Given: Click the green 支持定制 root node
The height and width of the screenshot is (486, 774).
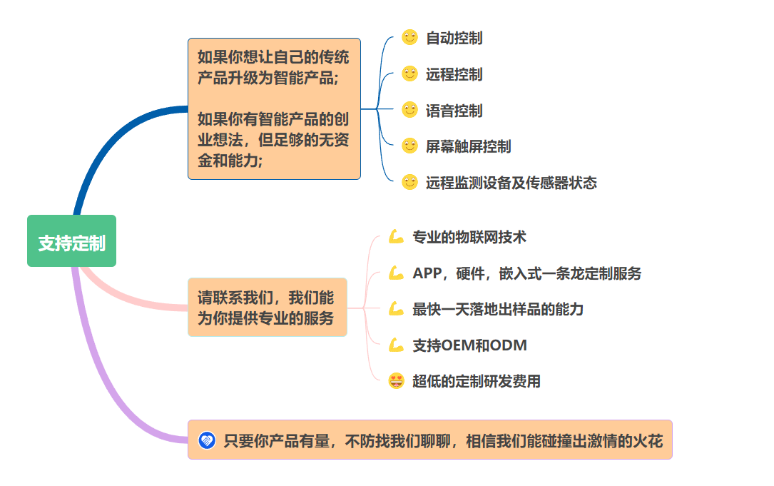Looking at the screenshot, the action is pyautogui.click(x=71, y=241).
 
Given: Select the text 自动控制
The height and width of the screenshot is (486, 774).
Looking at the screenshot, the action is pyautogui.click(x=454, y=38).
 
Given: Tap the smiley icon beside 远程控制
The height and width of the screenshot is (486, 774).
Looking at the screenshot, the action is pyautogui.click(x=409, y=74).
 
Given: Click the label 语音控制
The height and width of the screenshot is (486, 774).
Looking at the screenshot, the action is pyautogui.click(x=454, y=111).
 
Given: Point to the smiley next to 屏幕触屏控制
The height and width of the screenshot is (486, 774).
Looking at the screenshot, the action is pyautogui.click(x=409, y=146).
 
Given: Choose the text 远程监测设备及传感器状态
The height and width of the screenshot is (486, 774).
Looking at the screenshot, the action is pyautogui.click(x=511, y=183).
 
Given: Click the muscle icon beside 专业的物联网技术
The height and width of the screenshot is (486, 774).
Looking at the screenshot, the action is pyautogui.click(x=396, y=237).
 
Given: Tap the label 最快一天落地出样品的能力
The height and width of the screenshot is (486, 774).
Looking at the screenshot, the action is pyautogui.click(x=498, y=309).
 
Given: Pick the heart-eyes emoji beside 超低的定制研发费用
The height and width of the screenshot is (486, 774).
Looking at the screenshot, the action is pyautogui.click(x=396, y=381).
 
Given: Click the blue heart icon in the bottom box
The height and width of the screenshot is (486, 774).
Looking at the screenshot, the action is pyautogui.click(x=207, y=440).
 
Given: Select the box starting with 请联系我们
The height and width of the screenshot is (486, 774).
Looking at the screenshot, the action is pyautogui.click(x=268, y=307).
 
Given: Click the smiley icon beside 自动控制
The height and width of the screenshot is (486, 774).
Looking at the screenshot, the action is pyautogui.click(x=409, y=37).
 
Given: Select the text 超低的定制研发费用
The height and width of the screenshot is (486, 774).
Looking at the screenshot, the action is pyautogui.click(x=477, y=381).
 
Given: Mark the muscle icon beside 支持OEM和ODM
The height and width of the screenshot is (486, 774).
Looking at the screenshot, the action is pyautogui.click(x=396, y=345).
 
